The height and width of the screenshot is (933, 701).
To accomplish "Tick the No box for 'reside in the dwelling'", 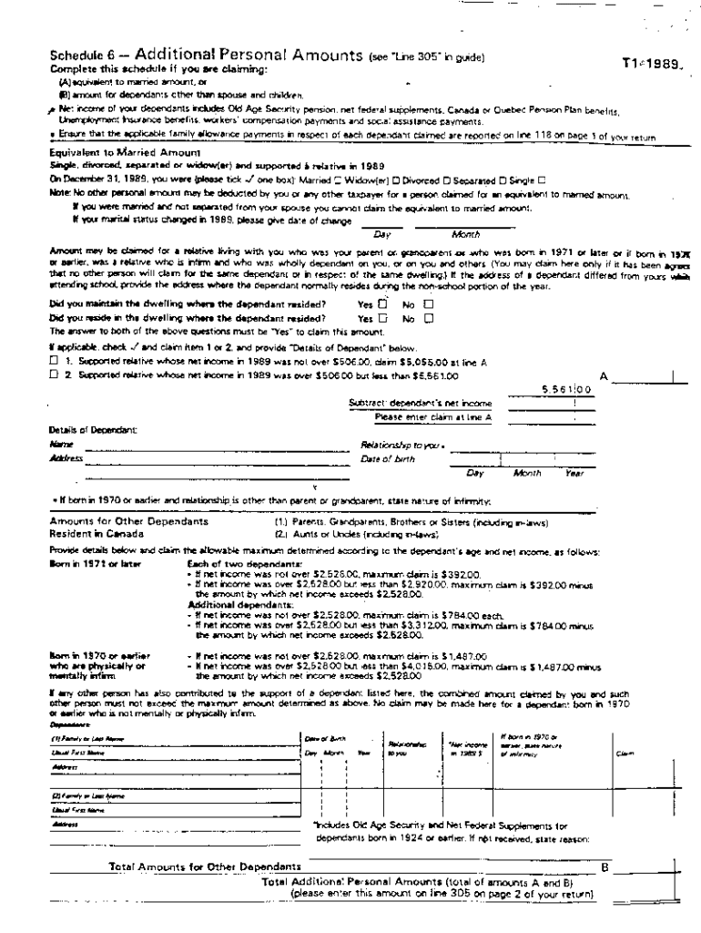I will (428, 318).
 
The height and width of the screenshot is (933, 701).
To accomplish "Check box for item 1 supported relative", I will (53, 361).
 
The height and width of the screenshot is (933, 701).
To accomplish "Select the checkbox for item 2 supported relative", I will (53, 374).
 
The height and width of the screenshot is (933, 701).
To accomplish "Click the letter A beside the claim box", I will (603, 374).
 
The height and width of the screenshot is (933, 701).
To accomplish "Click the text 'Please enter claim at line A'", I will (433, 416).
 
